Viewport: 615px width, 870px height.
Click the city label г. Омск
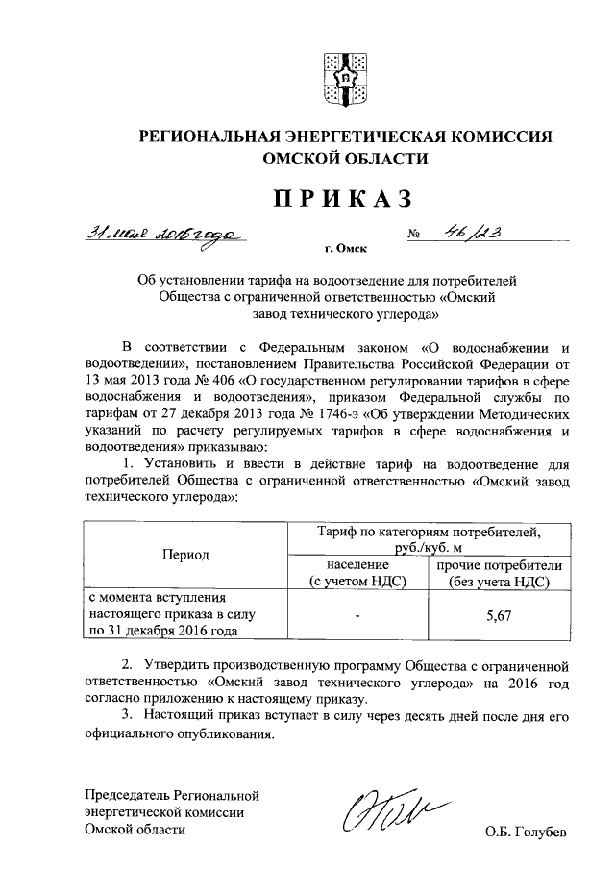click(x=345, y=249)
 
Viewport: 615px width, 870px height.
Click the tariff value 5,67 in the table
click(x=498, y=621)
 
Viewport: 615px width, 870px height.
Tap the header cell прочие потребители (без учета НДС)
click(x=498, y=574)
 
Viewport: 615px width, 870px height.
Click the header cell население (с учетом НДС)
click(x=356, y=574)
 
